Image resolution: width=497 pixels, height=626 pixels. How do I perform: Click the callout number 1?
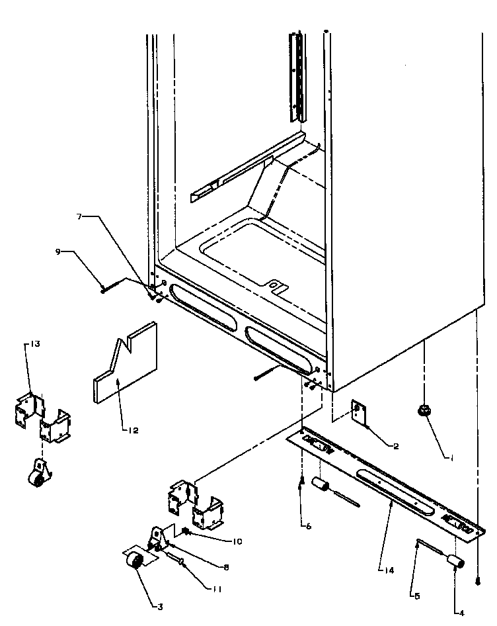coord(452,457)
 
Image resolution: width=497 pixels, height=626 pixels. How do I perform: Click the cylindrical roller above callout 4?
coord(454,562)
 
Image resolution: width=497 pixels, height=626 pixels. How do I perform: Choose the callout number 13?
coord(36,343)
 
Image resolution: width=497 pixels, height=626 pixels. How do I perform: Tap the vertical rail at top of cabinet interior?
coord(297,76)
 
